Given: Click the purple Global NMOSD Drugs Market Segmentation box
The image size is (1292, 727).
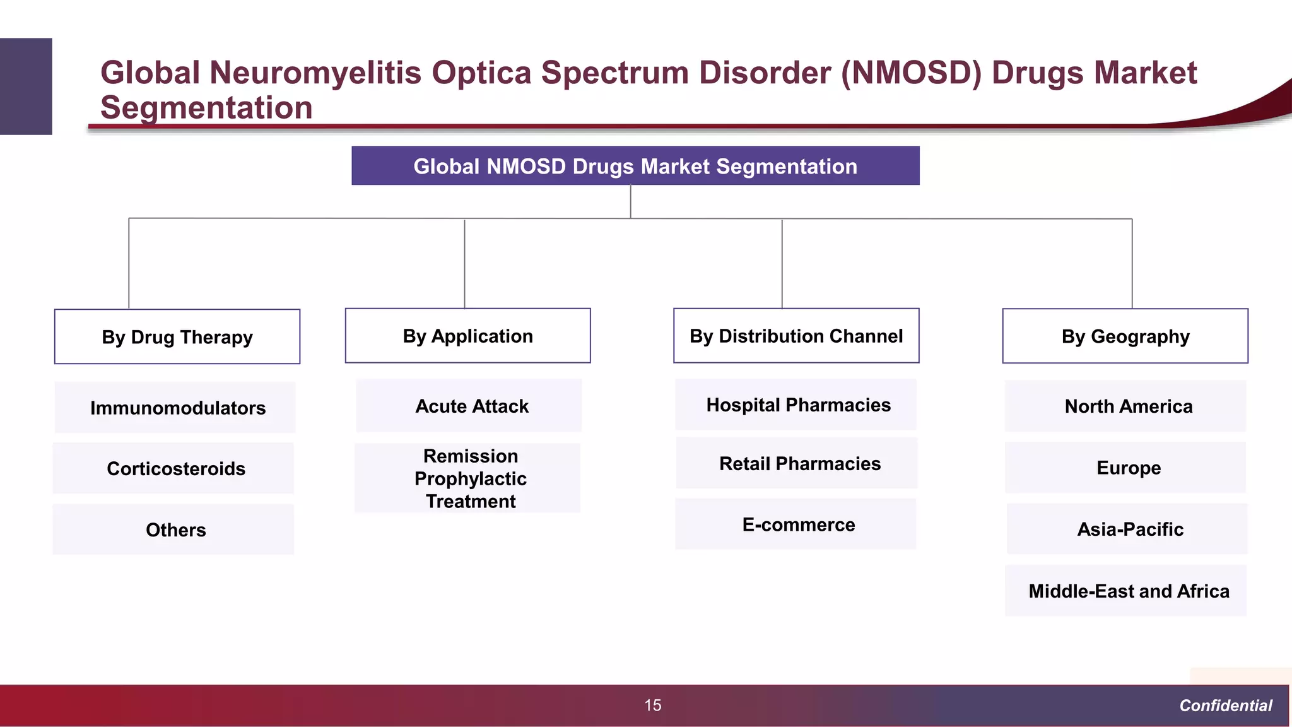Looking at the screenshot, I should point(635,166).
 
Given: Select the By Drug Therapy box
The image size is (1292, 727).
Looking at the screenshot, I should point(177,337).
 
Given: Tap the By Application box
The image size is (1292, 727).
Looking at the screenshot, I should point(467,336).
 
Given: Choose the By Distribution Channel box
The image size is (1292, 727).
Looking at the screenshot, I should point(796,336).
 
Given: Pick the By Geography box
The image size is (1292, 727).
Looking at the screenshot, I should point(1125,336).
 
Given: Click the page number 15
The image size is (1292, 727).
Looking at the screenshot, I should point(652,705).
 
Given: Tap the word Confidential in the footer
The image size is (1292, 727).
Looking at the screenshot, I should point(1225,706).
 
